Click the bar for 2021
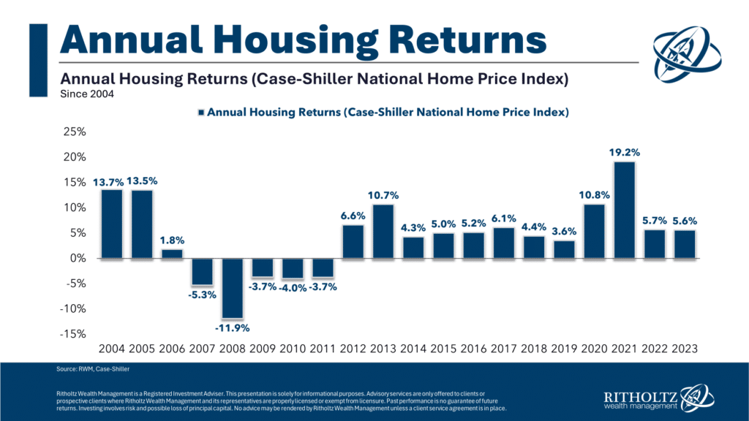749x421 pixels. click(624, 210)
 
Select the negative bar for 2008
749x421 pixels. click(232, 288)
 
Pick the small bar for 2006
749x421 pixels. click(171, 254)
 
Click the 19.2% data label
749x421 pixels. click(624, 153)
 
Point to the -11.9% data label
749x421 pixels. click(232, 327)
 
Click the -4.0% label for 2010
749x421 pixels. click(292, 287)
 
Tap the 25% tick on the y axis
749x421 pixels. click(75, 132)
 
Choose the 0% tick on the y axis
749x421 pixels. click(79, 259)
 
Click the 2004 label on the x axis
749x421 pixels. click(111, 350)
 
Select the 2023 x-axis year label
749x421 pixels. click(684, 350)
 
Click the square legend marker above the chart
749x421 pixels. click(202, 113)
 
